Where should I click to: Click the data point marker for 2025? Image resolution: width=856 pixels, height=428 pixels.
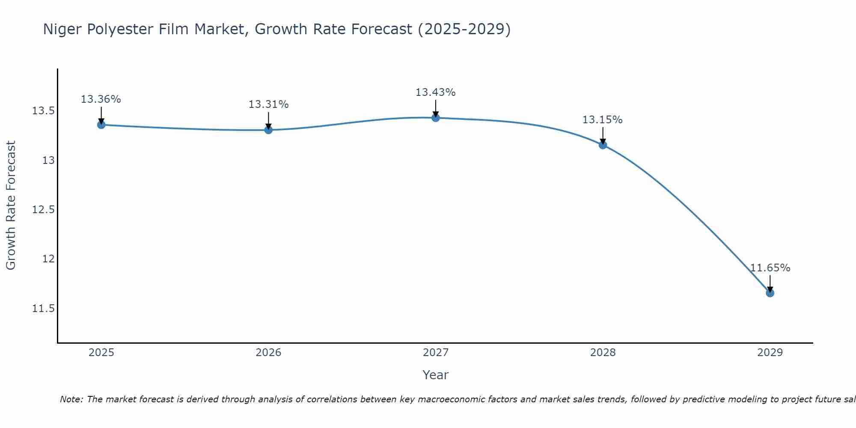coord(101,125)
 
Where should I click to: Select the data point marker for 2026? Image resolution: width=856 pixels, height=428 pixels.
coord(268,130)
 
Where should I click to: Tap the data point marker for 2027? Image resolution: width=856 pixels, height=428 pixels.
coord(436,118)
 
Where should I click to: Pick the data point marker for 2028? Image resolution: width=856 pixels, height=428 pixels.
coord(603,145)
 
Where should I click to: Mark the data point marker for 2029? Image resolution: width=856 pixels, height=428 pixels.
coord(770,293)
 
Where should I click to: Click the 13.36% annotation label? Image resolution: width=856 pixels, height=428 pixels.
coord(101,99)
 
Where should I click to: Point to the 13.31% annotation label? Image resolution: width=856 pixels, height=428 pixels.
coord(268,104)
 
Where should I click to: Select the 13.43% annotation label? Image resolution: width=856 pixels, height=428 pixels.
coord(436,92)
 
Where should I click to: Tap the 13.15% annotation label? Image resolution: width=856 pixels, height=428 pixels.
coord(602,120)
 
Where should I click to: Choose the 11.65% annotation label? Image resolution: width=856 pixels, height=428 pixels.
coord(770,268)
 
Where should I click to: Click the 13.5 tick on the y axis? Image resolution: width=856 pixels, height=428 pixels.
coord(43,111)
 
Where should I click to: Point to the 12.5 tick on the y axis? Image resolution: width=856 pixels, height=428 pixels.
coord(43,210)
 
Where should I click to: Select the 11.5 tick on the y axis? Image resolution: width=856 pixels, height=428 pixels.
coord(43,309)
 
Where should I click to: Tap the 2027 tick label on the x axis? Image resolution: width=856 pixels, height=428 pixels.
coord(436,353)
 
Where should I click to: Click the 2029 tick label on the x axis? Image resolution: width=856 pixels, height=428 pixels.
coord(770,353)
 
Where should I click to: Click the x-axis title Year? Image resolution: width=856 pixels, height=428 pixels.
coord(436,375)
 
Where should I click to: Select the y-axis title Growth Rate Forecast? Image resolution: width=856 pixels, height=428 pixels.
coord(11,205)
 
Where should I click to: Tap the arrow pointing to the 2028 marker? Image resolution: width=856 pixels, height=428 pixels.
coord(603,136)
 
